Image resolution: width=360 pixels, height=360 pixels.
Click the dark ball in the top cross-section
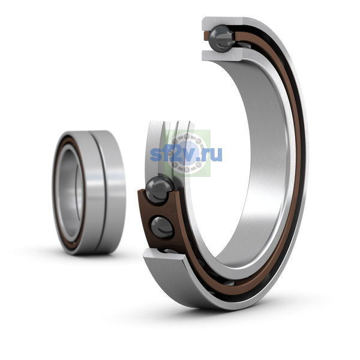222,38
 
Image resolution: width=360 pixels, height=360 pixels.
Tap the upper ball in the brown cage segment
160,190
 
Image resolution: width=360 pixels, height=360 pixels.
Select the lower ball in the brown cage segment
162,227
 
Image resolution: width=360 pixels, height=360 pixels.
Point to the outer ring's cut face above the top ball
222,23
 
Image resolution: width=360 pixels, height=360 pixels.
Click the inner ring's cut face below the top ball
222,55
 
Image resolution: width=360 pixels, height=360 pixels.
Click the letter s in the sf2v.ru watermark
155,154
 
